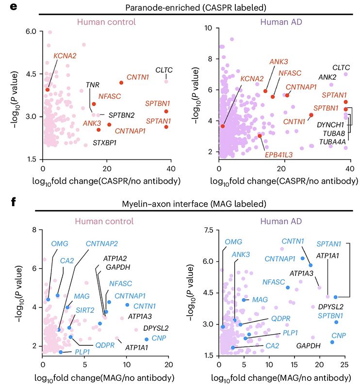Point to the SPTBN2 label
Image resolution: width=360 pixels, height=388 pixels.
[121, 115]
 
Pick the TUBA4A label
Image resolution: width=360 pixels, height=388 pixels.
[332, 141]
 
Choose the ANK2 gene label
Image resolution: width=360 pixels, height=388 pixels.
[327, 77]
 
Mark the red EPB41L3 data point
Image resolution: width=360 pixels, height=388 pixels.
[260, 136]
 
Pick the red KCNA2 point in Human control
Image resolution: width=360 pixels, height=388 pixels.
[48, 90]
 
